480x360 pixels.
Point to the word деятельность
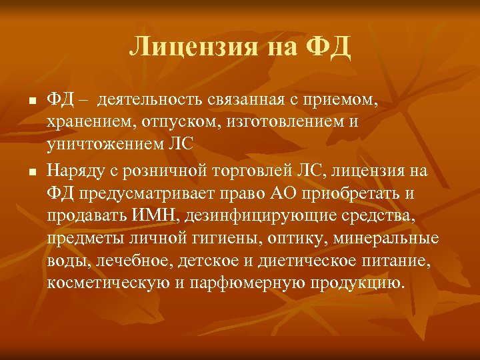[149, 101]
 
